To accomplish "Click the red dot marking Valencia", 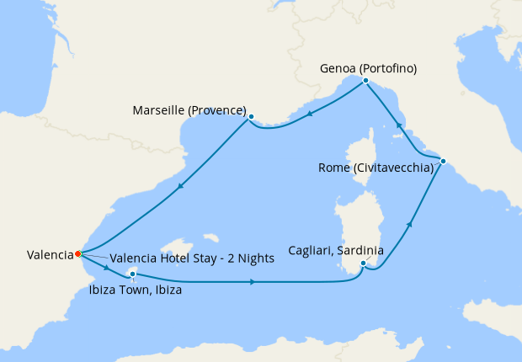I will point(77,253).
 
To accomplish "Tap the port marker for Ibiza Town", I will point(133,274).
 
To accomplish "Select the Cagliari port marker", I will point(363,264).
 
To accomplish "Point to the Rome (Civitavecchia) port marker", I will point(443,161).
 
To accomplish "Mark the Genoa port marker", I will point(365,81).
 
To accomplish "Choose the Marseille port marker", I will point(251,117).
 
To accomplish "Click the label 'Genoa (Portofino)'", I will point(368,68).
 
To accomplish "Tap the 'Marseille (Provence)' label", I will point(189,110).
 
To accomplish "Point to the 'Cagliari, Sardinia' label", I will point(336,251).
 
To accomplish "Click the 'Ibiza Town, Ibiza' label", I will point(135,290).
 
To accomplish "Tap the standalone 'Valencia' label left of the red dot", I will point(50,254).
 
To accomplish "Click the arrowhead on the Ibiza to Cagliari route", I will point(253,282).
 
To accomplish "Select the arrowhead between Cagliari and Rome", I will point(410,224).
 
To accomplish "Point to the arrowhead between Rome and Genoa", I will point(398,125).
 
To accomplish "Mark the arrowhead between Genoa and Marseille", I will point(310,115).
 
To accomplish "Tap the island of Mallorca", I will point(181,248).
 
